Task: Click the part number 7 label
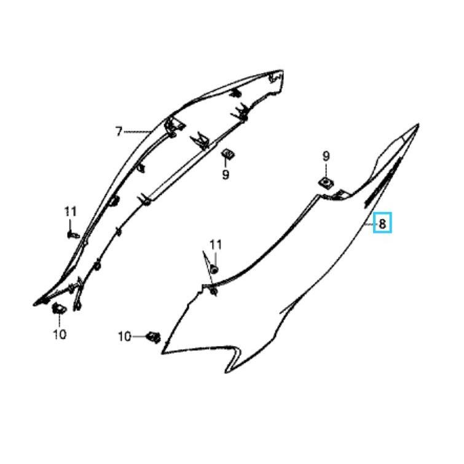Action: (119, 132)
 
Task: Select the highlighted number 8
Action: (382, 224)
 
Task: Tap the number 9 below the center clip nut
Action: (226, 175)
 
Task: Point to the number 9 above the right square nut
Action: (326, 156)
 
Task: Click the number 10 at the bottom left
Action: (60, 334)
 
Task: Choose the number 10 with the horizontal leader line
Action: (125, 336)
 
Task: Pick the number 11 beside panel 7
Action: (71, 211)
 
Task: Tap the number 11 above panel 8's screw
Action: (216, 245)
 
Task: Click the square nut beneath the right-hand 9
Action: (326, 183)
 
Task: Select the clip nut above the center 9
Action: (227, 154)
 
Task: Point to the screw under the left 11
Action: (73, 235)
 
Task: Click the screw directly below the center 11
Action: (215, 269)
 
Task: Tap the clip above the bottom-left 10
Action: (59, 309)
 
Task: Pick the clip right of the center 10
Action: (154, 337)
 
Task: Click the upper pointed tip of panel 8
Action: (418, 125)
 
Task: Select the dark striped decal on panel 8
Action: (382, 181)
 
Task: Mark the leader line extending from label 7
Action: (137, 132)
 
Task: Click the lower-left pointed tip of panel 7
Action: (34, 304)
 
